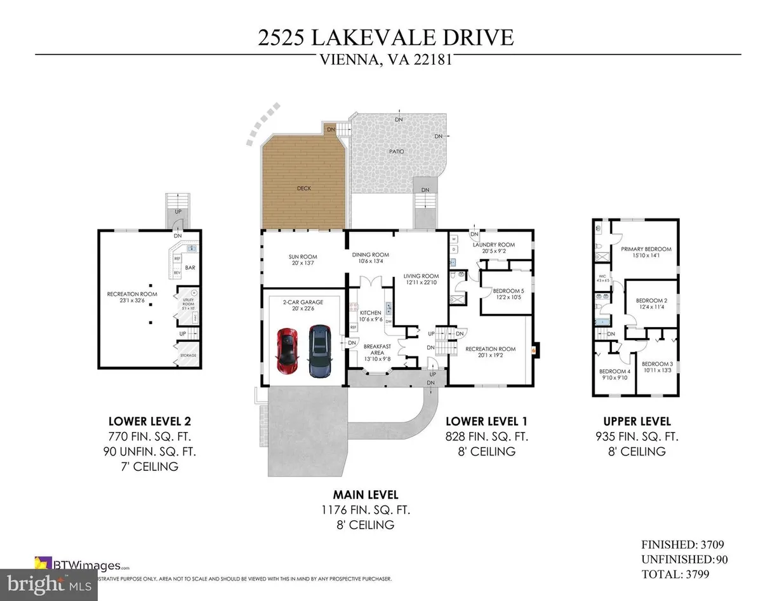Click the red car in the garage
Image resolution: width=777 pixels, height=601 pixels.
(288, 352)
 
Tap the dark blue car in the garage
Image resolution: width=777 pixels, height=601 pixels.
(319, 351)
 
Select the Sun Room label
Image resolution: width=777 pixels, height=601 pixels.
(302, 257)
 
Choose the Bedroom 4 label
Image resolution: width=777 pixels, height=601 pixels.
(614, 372)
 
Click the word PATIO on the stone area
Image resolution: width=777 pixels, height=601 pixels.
(397, 152)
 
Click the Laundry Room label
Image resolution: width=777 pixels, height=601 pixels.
(493, 245)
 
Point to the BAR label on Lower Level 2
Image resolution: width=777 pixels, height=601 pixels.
(190, 268)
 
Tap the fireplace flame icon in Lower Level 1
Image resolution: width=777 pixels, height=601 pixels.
(533, 349)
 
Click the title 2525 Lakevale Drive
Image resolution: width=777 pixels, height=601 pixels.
(385, 37)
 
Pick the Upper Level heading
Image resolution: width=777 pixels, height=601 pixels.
(636, 421)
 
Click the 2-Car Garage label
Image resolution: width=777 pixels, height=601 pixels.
(302, 302)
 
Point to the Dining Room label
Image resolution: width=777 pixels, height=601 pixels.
(371, 255)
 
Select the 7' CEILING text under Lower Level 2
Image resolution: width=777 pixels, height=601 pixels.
(150, 466)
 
